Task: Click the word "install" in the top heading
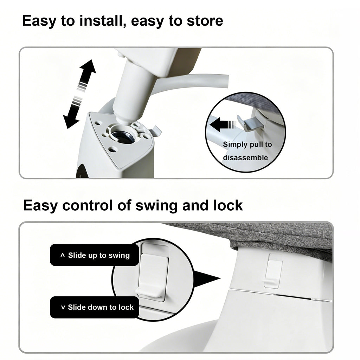coord(102,20)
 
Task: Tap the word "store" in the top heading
coord(205,21)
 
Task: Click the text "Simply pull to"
coord(247,144)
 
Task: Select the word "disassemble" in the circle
coord(245,158)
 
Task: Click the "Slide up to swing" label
coord(94,255)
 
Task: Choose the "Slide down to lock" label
coord(94,307)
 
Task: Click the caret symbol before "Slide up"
coord(62,255)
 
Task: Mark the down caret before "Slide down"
coord(63,307)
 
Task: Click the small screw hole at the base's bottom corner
coord(112,150)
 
